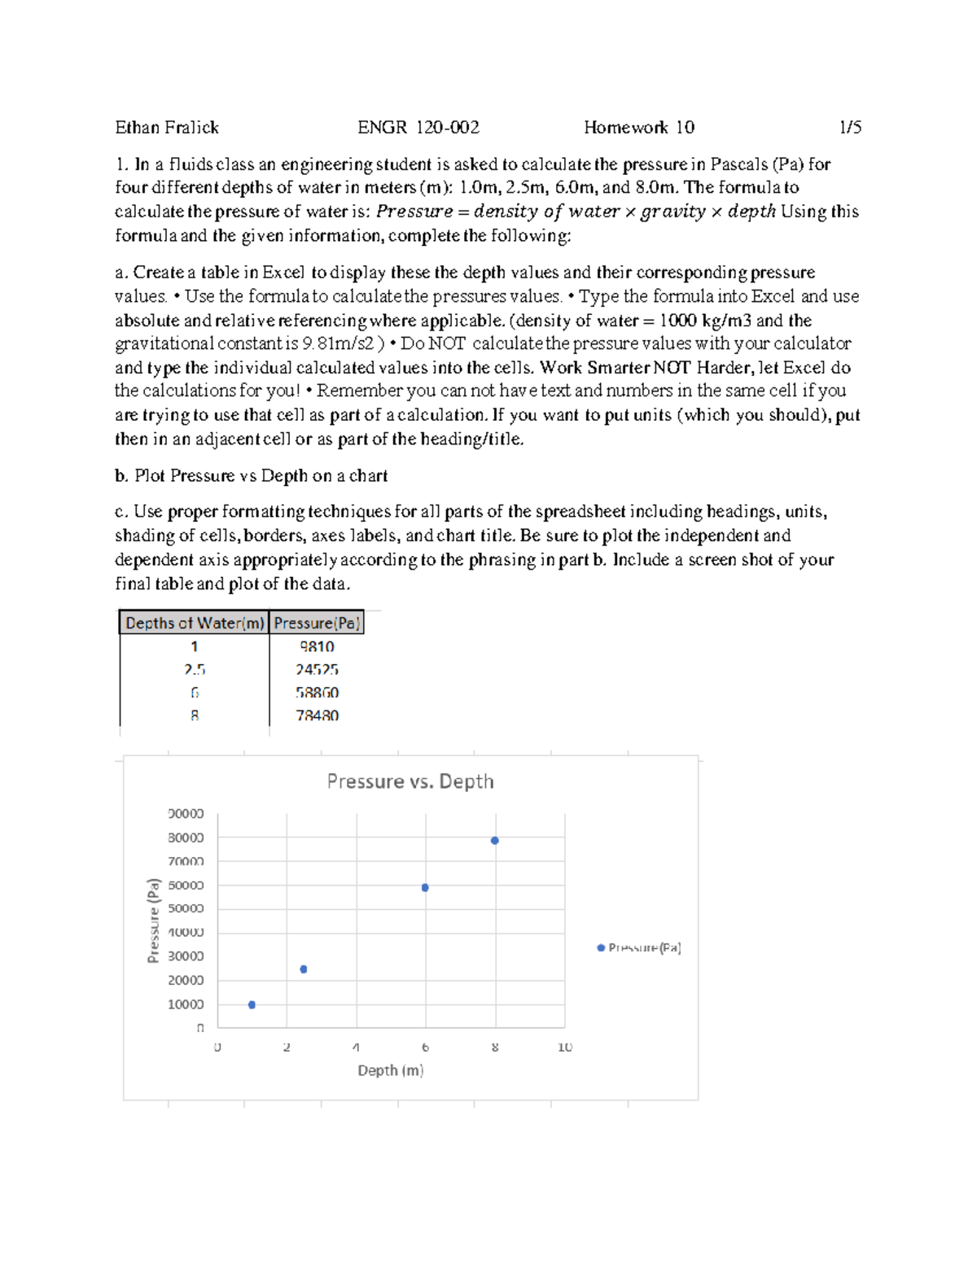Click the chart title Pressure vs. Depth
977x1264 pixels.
[410, 781]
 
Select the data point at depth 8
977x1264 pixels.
[495, 841]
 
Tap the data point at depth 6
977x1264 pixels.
[425, 888]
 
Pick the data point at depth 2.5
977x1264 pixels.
[304, 969]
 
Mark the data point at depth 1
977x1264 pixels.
[252, 1005]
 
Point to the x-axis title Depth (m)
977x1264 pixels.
[391, 1070]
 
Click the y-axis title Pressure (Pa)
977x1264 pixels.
[153, 921]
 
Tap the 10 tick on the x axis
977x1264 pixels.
[565, 1048]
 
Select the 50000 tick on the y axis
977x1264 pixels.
[186, 908]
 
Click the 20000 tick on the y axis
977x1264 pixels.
[186, 980]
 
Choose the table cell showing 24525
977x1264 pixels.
[317, 670]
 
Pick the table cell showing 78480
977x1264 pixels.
[317, 716]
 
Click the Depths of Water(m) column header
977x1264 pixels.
[195, 623]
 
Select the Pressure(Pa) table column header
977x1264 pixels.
[317, 623]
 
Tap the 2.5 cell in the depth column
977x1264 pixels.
[195, 670]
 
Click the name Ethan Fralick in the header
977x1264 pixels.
[167, 128]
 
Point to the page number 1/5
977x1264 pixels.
[850, 128]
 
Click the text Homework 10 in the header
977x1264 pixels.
[639, 128]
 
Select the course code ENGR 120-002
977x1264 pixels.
[418, 128]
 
